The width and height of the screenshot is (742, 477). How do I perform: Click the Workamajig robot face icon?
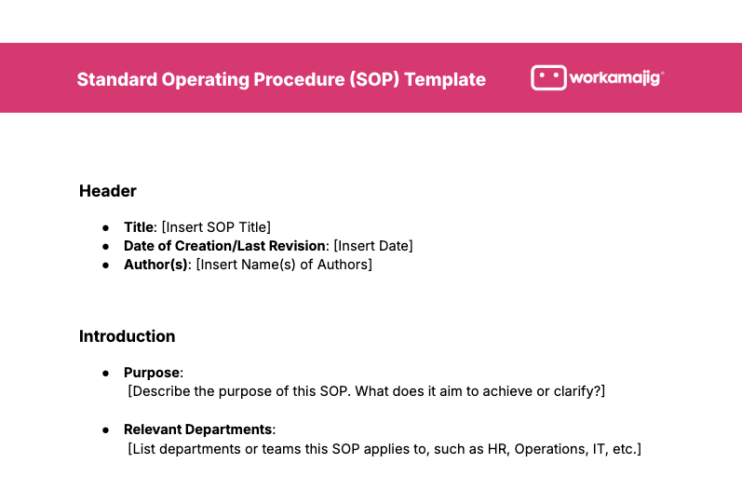(x=548, y=78)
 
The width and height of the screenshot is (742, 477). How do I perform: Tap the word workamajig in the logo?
(x=615, y=78)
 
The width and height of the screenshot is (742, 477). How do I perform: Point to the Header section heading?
(x=108, y=191)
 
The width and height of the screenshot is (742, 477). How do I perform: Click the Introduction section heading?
(x=127, y=336)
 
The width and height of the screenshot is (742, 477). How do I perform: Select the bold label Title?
(x=138, y=226)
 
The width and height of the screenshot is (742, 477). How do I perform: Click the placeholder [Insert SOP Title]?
(x=216, y=226)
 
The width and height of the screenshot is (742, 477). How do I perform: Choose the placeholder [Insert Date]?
(x=372, y=246)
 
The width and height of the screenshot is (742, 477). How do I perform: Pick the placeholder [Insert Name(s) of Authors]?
(x=284, y=265)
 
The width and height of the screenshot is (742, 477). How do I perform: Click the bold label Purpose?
(x=153, y=373)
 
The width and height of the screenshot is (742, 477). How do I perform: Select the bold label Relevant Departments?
(x=198, y=429)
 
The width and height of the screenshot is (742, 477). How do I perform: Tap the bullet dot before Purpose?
(x=106, y=373)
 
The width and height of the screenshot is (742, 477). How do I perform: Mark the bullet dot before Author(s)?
(x=106, y=265)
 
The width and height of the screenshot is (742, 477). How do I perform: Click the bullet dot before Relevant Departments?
(x=106, y=429)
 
